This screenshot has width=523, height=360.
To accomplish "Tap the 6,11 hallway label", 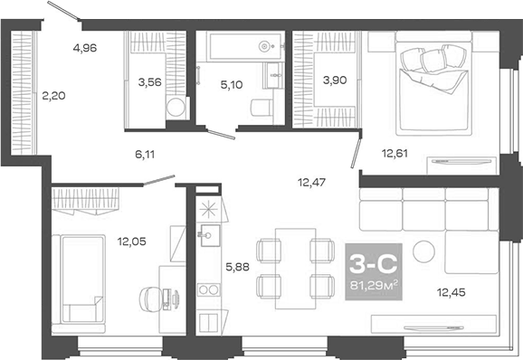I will click(x=146, y=154).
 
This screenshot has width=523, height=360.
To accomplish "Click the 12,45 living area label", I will click(x=452, y=290).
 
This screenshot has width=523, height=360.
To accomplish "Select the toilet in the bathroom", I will click(x=259, y=109).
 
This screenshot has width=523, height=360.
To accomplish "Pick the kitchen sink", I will click(x=206, y=237).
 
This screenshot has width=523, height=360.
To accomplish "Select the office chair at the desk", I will click(x=150, y=296).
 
